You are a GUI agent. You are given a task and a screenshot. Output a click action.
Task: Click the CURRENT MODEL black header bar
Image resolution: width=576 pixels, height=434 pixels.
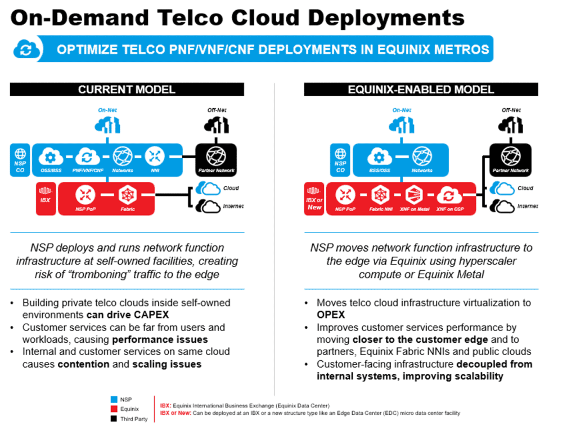[x=127, y=90]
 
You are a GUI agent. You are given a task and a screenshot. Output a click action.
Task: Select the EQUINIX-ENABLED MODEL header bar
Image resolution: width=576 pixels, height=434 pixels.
[x=421, y=90]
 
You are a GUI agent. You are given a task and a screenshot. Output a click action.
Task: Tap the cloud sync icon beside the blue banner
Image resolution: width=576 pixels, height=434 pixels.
[x=26, y=49]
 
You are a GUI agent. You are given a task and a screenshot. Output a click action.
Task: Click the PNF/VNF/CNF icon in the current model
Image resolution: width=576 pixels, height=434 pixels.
[x=87, y=156]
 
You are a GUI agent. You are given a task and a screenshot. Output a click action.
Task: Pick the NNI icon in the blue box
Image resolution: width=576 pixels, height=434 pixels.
[x=155, y=156]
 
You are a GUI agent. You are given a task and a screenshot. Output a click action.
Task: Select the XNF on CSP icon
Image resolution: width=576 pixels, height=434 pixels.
[x=449, y=196]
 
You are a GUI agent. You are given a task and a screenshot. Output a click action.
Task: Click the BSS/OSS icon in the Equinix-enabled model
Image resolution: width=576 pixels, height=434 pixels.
[x=380, y=156]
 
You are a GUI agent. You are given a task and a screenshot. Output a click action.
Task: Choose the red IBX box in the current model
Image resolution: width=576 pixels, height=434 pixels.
[x=46, y=199]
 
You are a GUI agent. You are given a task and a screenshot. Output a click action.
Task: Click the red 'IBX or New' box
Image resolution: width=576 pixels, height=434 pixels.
[x=314, y=199]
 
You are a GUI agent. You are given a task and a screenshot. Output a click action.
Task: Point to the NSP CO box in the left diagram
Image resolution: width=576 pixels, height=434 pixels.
[x=20, y=159]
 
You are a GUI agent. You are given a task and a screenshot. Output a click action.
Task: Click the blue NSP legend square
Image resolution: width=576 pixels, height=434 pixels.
[x=114, y=399]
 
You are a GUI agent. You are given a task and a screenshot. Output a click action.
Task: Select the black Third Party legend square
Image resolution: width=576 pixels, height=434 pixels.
[x=114, y=418]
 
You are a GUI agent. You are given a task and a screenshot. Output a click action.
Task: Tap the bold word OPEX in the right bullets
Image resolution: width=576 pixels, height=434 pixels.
[x=331, y=315]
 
